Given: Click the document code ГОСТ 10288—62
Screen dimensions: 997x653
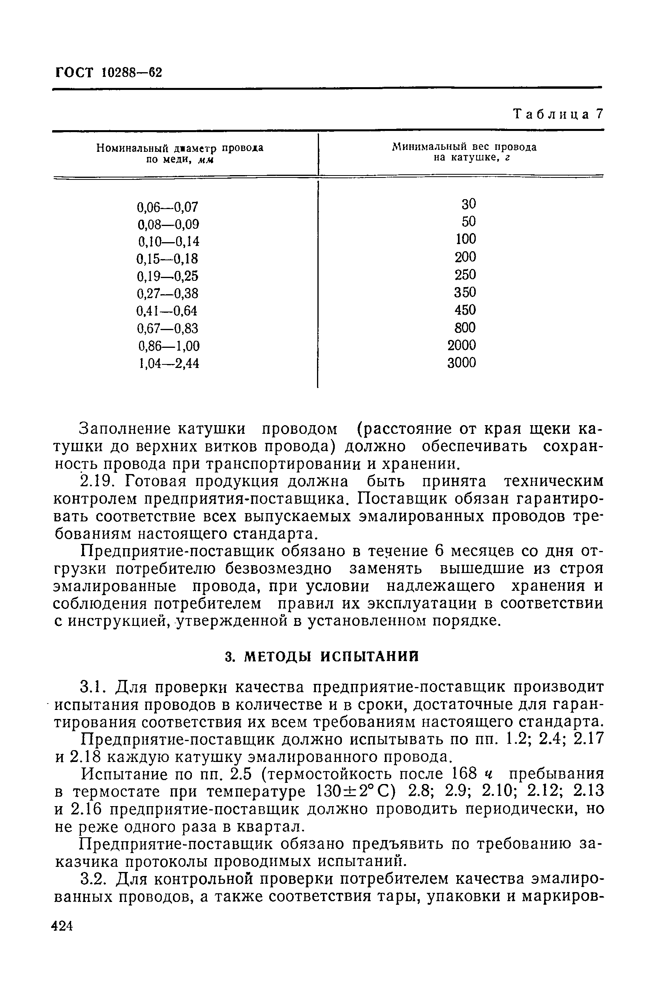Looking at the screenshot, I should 109,73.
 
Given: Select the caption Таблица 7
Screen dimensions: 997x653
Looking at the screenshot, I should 558,114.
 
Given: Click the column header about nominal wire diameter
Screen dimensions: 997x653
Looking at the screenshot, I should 180,154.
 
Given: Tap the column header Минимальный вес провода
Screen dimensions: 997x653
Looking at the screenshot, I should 464,152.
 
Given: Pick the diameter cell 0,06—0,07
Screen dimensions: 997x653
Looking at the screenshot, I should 168,207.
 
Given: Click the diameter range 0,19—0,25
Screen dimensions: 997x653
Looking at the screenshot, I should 168,276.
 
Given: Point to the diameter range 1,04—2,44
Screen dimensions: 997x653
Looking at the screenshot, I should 169,363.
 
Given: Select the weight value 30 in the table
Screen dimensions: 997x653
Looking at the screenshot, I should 469,204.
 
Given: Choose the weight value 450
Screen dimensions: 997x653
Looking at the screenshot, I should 465,310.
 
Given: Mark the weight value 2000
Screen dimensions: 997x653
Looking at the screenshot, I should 462,345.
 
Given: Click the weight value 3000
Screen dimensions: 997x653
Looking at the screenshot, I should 462,363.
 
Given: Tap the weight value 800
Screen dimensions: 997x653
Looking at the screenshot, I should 465,328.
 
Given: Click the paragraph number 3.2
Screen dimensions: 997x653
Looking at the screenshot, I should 93,878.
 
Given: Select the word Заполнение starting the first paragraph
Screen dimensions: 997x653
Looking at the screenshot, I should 125,429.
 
